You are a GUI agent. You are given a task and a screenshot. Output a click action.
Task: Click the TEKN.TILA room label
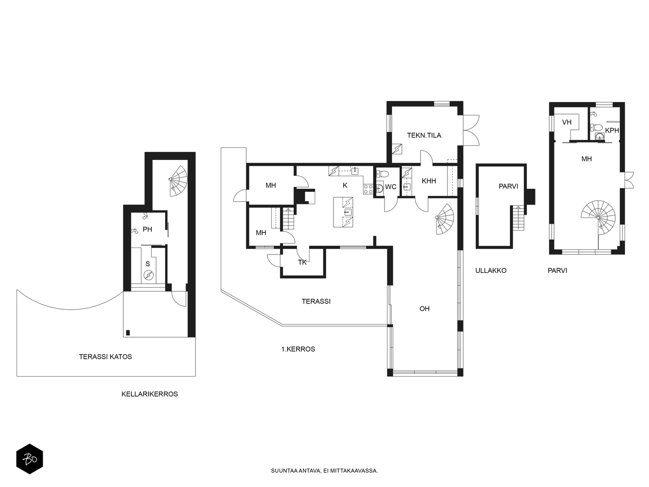[424, 136]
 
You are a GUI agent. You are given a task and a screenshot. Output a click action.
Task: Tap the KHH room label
[429, 181]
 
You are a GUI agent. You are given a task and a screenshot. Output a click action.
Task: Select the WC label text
[391, 187]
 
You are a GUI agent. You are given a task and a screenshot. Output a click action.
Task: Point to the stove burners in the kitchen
[368, 189]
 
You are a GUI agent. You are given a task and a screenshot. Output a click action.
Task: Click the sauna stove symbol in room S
[148, 275]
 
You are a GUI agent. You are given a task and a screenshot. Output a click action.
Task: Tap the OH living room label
[424, 309]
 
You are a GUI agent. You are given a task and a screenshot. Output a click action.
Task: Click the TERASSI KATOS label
[105, 357]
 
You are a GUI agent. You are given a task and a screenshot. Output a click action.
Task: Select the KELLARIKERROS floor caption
[150, 394]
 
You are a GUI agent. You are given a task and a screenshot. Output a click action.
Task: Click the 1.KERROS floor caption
[298, 349]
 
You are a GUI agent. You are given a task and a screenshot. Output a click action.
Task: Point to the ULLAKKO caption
[491, 271]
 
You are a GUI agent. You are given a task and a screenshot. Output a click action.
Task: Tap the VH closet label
[567, 122]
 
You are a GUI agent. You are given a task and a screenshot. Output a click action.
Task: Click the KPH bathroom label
[612, 130]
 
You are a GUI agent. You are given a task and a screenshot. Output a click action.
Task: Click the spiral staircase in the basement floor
[178, 181]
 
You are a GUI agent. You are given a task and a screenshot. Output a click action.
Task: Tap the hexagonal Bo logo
[30, 459]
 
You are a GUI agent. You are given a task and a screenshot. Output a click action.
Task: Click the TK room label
[302, 262]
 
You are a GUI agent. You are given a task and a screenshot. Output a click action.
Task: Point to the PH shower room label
[147, 229]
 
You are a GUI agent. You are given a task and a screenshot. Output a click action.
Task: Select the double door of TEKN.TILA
[471, 130]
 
